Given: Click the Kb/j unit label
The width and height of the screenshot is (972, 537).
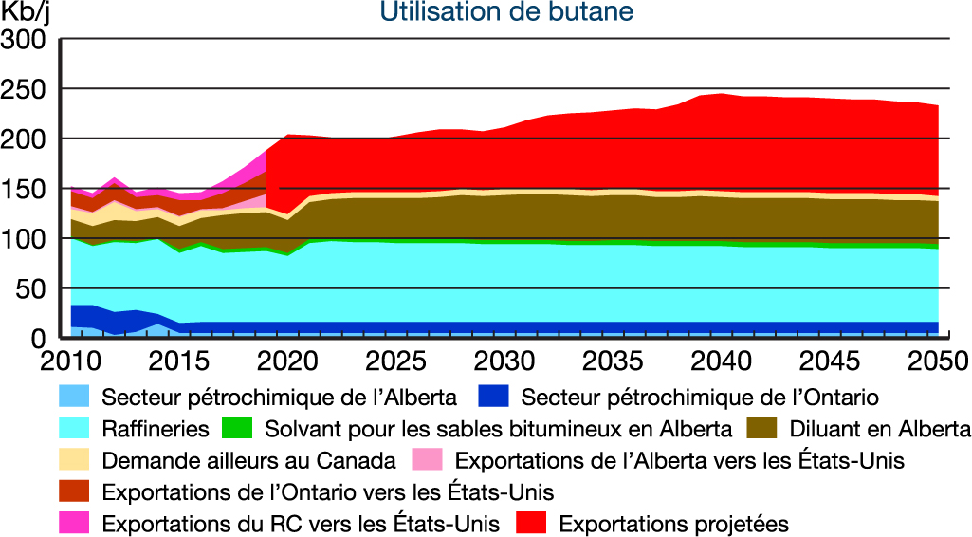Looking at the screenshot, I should click(x=28, y=13).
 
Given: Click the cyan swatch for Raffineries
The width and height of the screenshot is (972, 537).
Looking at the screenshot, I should click(x=74, y=429).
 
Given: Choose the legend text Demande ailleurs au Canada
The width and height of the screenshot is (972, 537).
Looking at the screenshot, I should click(x=248, y=461).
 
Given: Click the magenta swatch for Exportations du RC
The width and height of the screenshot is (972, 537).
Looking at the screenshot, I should click(x=74, y=523).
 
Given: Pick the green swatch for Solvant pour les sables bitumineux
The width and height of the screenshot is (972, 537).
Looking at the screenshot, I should click(x=237, y=429).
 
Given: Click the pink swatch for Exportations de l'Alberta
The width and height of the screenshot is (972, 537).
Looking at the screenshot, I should click(x=428, y=461).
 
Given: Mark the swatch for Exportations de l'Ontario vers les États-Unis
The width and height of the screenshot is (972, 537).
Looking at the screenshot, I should click(x=74, y=492).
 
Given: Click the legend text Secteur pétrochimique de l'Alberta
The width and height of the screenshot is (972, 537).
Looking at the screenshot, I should click(x=280, y=397).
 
